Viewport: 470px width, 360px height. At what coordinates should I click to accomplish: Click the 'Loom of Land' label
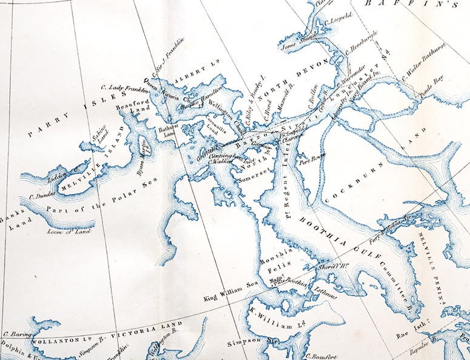[71, 230]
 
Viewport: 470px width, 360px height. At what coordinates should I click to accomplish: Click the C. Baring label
[12, 333]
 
